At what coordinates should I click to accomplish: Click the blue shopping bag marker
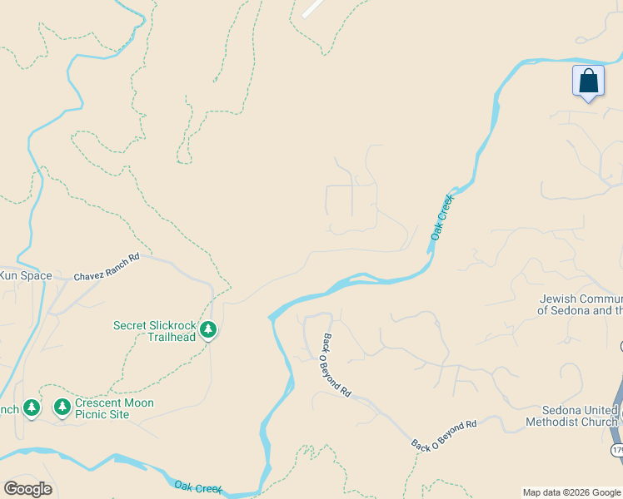pos(588,82)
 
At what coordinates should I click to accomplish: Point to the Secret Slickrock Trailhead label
pos(154,331)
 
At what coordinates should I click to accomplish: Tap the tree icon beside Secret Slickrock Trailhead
pos(208,330)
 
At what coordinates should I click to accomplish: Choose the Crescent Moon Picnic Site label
pos(114,408)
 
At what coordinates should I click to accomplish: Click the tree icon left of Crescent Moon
pos(62,407)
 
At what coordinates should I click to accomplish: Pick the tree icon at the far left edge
pos(31,407)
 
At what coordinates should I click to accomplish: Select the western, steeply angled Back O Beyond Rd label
pos(336,364)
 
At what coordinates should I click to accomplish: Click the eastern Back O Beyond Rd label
pos(444,435)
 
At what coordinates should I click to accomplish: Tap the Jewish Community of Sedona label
pos(580,304)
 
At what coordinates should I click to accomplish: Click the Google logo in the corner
pos(27,489)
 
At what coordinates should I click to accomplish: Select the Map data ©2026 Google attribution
pos(571,492)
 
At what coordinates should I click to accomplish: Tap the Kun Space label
pos(25,275)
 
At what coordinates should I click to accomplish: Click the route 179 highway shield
pos(617,450)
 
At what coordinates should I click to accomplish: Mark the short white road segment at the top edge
pos(313,7)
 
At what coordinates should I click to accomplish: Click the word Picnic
pos(93,414)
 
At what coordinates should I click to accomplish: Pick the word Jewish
pos(558,299)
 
